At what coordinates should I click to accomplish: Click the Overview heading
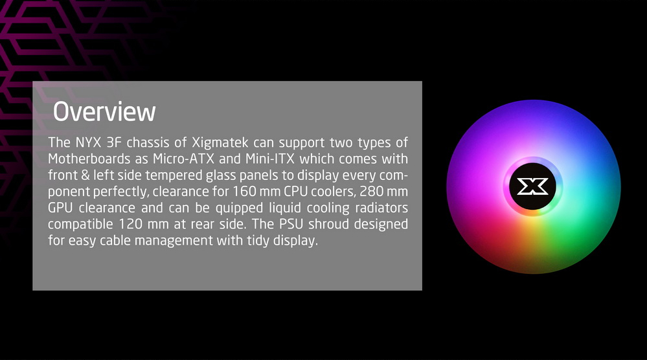tap(104, 111)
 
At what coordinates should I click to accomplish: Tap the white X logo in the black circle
tap(533, 186)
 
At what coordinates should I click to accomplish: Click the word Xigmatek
tap(220, 142)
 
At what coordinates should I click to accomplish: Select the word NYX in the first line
tap(88, 142)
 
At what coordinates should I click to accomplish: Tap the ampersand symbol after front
tap(85, 175)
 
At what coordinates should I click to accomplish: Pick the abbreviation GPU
tap(60, 208)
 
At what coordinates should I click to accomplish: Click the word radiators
tap(381, 208)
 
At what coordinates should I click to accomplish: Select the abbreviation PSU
tap(291, 224)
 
